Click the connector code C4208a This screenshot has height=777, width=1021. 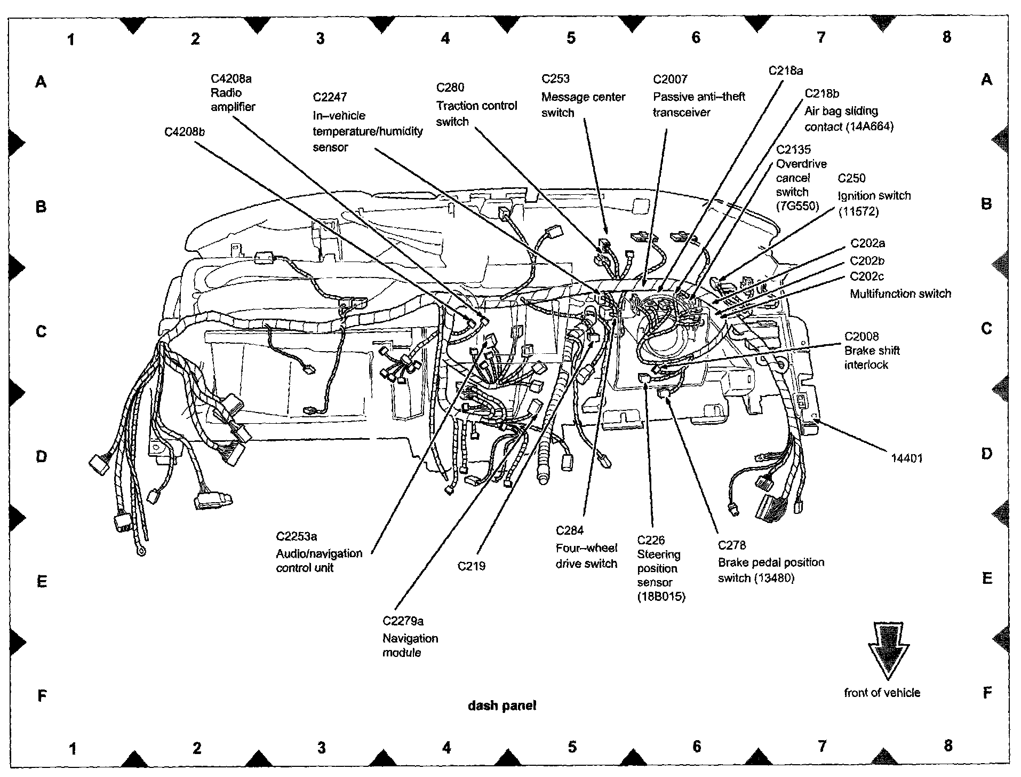click(230, 79)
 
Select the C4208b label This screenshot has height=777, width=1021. click(184, 131)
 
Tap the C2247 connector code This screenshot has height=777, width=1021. click(330, 97)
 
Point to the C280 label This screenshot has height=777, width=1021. click(450, 88)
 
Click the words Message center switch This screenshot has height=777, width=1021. click(583, 105)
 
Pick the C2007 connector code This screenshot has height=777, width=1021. click(670, 80)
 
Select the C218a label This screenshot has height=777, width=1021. click(785, 70)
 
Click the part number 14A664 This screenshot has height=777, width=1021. click(871, 127)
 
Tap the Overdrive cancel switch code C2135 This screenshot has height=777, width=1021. click(793, 150)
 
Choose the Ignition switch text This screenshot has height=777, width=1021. click(874, 196)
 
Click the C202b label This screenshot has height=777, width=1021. click(867, 260)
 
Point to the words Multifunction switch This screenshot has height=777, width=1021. click(900, 294)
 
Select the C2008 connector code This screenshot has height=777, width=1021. click(861, 336)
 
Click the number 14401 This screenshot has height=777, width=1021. click(906, 458)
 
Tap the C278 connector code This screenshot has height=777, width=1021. click(731, 545)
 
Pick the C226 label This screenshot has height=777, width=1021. click(651, 540)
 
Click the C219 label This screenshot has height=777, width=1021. click(471, 566)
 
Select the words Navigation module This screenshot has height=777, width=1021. click(410, 645)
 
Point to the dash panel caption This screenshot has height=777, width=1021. click(501, 705)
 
